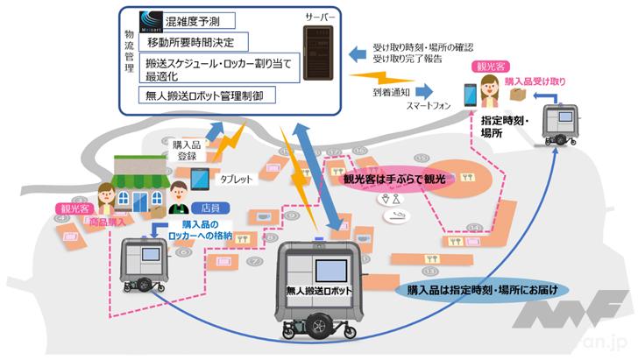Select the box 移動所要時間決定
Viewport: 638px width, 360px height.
click(x=202, y=40)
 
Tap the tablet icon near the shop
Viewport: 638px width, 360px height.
click(x=199, y=179)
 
